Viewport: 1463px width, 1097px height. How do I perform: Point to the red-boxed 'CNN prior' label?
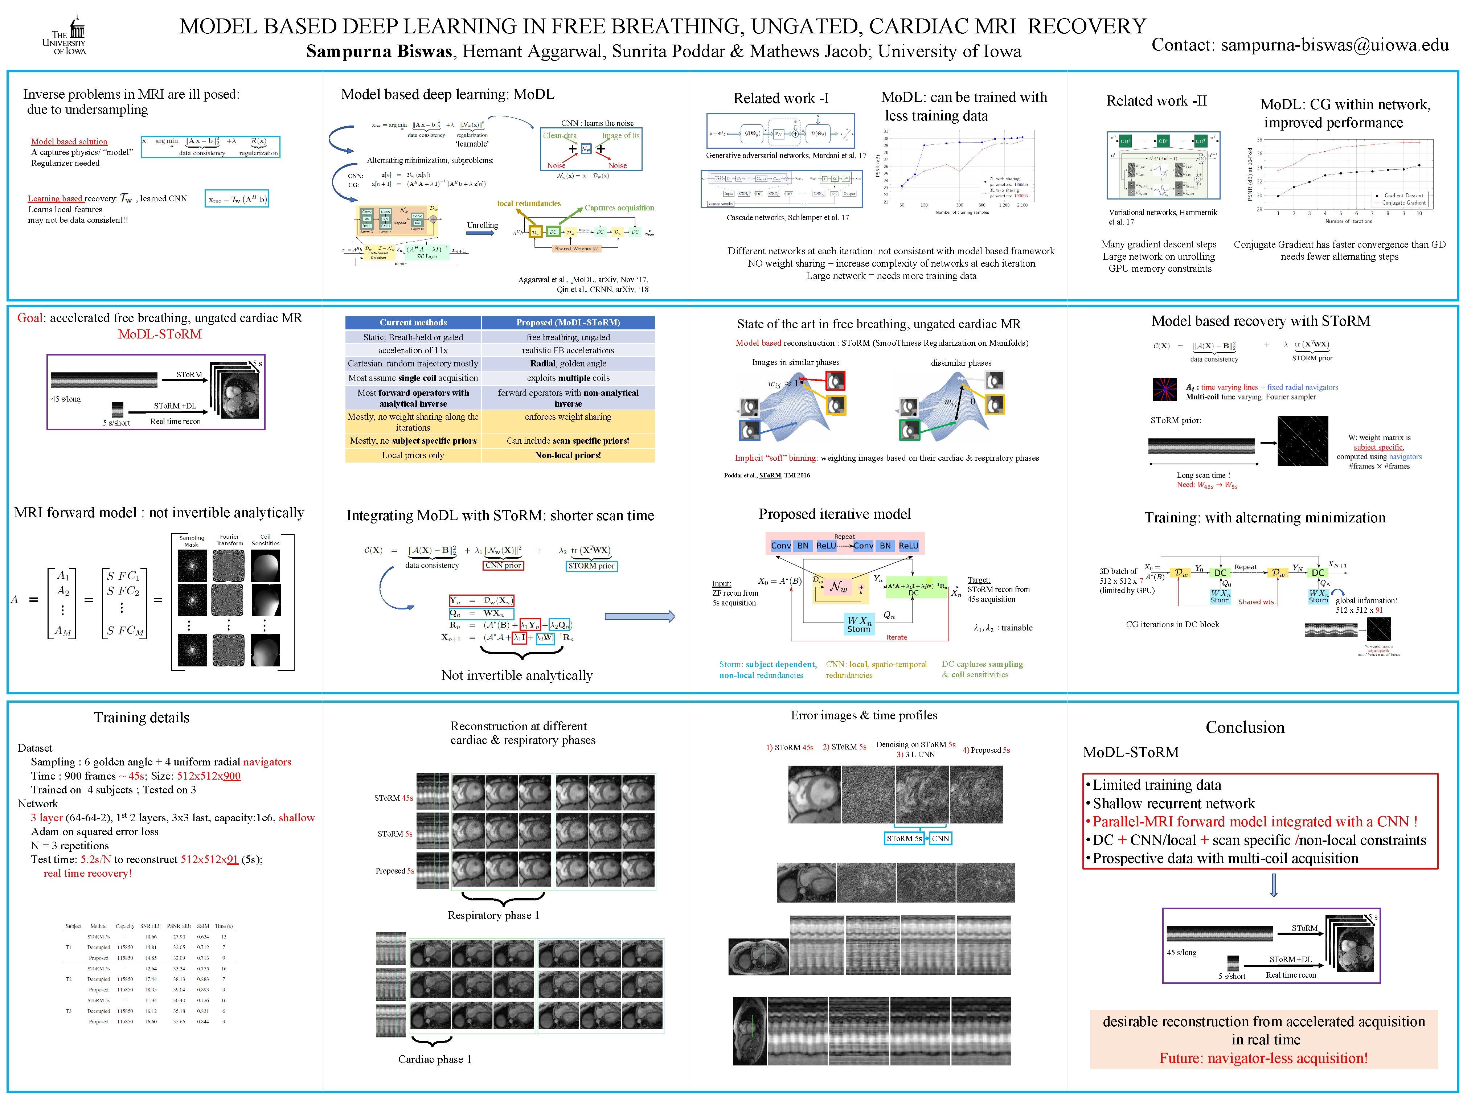503,565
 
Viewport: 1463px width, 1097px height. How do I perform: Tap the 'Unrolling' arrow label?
482,226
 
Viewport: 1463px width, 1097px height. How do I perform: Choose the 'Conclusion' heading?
1245,727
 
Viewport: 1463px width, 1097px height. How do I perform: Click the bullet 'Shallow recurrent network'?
1173,804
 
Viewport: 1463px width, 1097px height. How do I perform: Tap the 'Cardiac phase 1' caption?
435,1059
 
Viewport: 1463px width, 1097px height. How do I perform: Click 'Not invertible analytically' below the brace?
517,675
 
